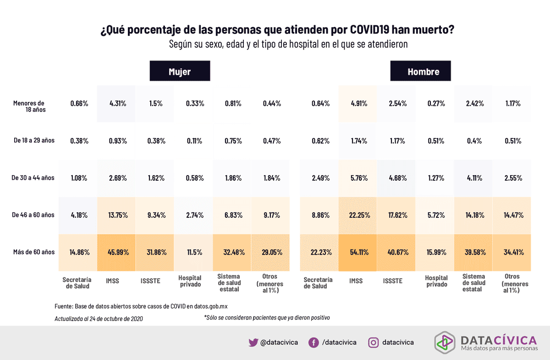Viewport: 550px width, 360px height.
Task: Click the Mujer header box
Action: (180, 72)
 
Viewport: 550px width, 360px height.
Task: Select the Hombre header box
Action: (421, 72)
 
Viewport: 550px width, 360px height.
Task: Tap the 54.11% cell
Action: (358, 252)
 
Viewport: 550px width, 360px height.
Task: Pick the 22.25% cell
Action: (358, 215)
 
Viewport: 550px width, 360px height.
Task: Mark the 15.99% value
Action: (435, 252)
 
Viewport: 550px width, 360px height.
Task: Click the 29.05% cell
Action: (271, 252)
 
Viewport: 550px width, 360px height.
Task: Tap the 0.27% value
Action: (435, 104)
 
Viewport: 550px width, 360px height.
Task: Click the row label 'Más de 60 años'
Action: (33, 252)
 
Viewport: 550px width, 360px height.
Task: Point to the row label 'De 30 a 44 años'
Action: (33, 177)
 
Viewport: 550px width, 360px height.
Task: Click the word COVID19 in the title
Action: (363, 30)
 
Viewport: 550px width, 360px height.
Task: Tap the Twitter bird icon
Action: (253, 343)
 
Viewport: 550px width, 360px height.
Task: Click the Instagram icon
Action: (374, 343)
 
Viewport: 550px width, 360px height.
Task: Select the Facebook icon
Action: (313, 343)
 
